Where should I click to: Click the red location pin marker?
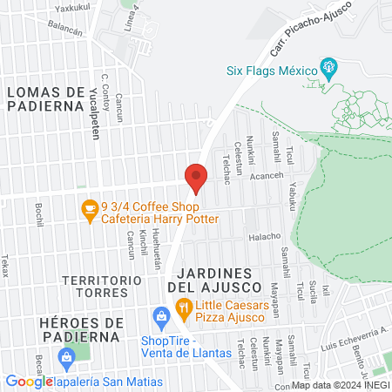point(196,178)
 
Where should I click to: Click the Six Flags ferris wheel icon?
point(329,64)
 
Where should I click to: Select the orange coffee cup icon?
point(88,208)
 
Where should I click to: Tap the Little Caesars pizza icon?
point(183,306)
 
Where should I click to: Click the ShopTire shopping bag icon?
point(159,314)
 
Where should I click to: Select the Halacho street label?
point(264,237)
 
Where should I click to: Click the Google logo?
point(29,382)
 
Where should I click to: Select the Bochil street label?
point(40,214)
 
